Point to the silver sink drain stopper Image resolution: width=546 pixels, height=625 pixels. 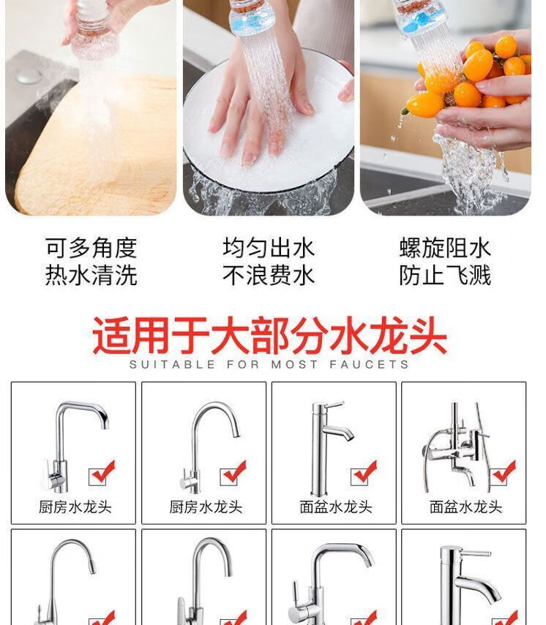point(29,76)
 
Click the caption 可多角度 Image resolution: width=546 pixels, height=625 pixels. point(91,248)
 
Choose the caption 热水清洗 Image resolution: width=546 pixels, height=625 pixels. point(91,275)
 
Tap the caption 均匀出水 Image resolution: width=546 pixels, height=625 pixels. point(269,248)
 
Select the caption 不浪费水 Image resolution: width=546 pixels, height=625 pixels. point(269,275)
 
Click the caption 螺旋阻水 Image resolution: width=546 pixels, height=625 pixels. point(445,248)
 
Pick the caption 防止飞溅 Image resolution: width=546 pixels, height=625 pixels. point(445,275)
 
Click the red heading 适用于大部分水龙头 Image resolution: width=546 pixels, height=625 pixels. point(269,336)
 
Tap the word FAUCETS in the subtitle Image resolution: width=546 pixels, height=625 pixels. point(369,364)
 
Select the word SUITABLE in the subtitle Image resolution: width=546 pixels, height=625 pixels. point(173,364)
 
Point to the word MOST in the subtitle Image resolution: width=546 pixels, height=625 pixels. point(294,364)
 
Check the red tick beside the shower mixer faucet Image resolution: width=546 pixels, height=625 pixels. point(504,472)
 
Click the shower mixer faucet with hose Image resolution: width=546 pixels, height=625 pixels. point(455,447)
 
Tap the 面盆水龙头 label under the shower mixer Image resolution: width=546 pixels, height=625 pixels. point(465,507)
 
